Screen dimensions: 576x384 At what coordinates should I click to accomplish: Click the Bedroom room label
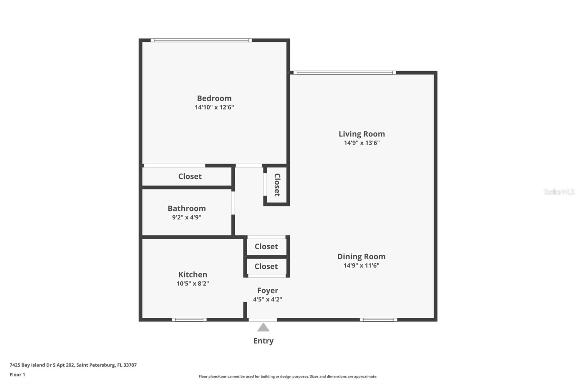(214, 98)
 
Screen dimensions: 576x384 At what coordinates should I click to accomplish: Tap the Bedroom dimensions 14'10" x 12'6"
(214, 107)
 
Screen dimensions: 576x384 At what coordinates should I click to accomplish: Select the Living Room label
(361, 134)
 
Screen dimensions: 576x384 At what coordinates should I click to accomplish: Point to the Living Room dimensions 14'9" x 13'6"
(361, 143)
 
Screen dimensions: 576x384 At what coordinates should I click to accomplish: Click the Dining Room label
(361, 256)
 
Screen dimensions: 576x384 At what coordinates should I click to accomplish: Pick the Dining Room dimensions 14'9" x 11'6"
(361, 265)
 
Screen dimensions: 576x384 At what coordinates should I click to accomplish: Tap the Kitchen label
(193, 274)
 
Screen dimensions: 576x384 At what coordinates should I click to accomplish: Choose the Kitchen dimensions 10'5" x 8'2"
(193, 283)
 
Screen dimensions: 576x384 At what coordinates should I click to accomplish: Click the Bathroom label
(187, 209)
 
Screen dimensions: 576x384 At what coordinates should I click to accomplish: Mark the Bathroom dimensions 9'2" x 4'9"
(187, 217)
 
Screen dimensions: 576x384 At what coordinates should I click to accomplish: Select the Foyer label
(268, 291)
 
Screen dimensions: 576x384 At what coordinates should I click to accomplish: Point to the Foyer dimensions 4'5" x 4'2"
(268, 299)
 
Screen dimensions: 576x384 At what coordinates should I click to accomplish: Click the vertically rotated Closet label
(277, 185)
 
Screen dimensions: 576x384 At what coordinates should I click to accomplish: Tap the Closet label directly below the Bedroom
(190, 176)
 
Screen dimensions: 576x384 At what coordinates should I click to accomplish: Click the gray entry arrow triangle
(263, 328)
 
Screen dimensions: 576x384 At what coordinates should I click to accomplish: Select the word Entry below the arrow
(263, 341)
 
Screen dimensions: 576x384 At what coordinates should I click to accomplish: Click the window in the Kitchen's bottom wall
(189, 320)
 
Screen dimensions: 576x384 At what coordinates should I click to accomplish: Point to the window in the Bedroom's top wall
(201, 40)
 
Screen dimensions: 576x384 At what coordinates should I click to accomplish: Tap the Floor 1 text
(17, 375)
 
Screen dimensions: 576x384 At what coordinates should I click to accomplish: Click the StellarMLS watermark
(559, 192)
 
